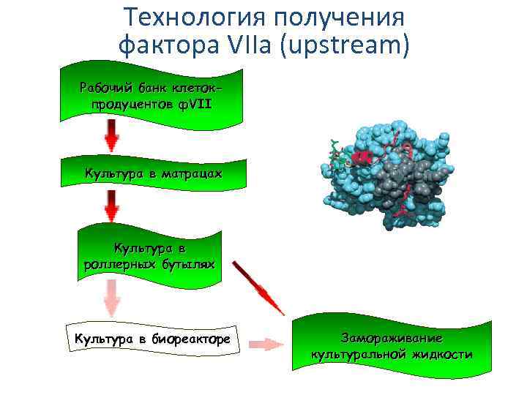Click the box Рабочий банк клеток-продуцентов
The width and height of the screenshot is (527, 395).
[151, 95]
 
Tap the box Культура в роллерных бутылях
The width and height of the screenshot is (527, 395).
[149, 255]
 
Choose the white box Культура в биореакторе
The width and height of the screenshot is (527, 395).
[152, 339]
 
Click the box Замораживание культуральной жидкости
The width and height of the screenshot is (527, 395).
[391, 346]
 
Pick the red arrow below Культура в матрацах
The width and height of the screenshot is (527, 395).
[112, 206]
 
